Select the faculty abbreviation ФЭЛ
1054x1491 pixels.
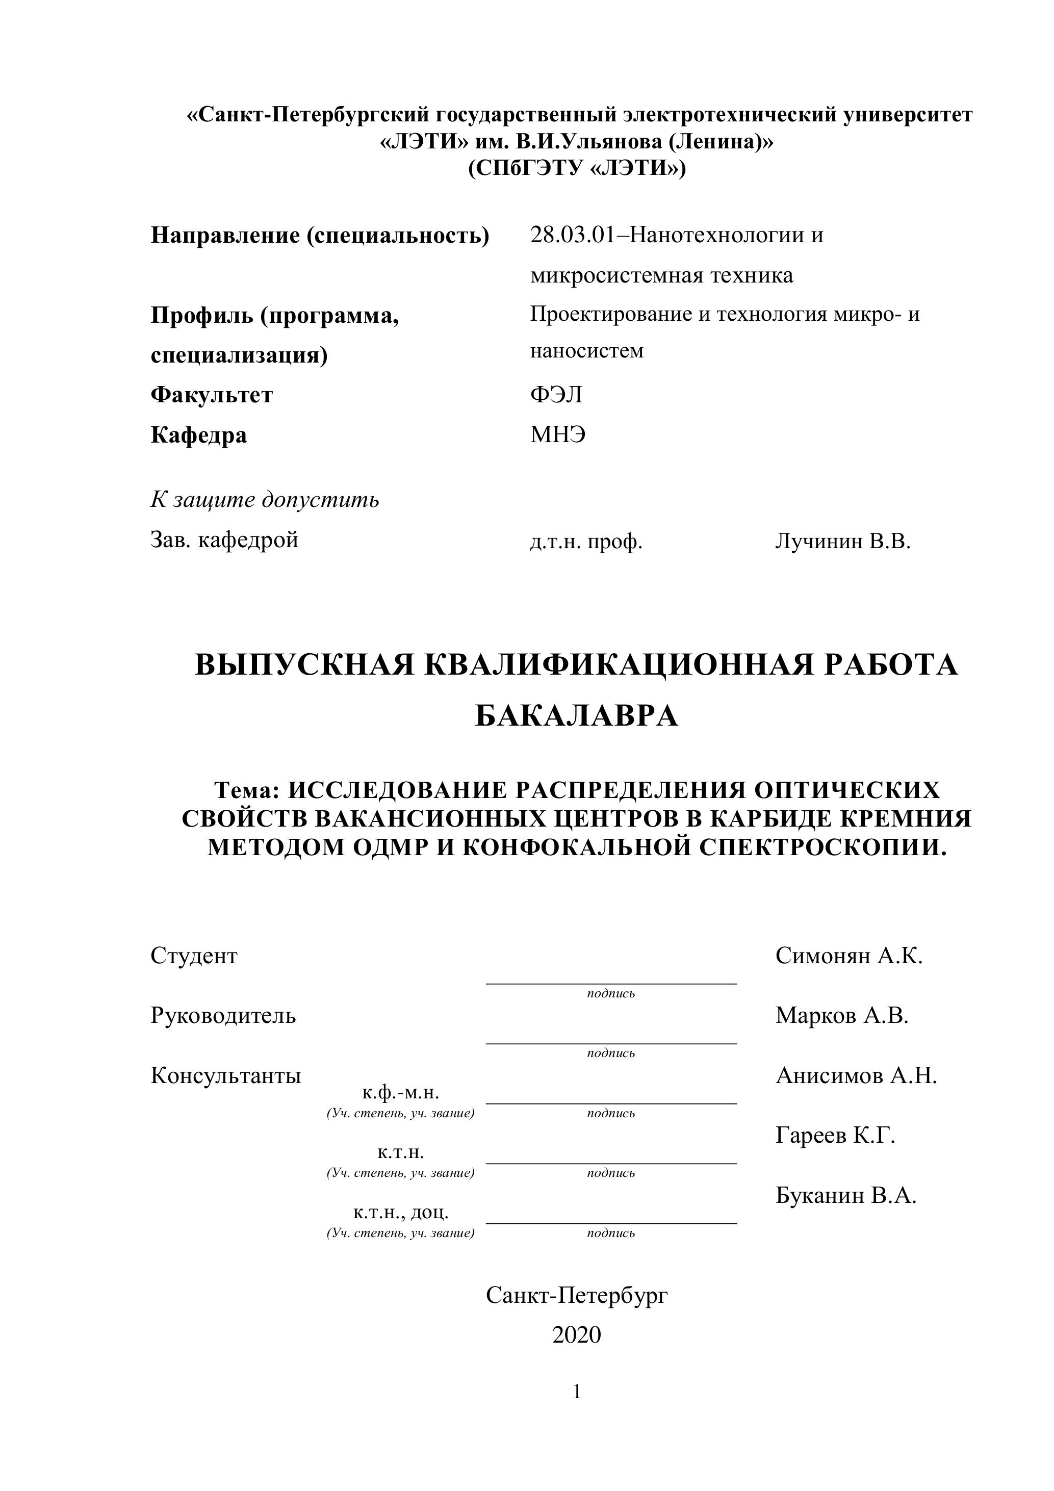tap(556, 395)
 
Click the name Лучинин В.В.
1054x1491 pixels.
tap(842, 541)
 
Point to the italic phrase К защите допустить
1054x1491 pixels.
tap(265, 500)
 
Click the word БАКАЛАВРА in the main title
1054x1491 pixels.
tap(577, 717)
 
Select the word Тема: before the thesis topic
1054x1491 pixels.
tap(247, 790)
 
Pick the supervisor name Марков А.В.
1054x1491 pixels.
tap(842, 1016)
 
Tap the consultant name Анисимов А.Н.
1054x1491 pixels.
tap(856, 1076)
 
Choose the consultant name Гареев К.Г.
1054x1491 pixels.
tap(835, 1136)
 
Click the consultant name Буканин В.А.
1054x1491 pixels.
tap(845, 1196)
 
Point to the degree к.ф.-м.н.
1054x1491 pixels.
tap(401, 1092)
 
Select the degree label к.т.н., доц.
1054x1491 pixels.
tap(401, 1213)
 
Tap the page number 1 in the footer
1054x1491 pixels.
tap(577, 1392)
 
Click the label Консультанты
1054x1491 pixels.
tap(226, 1076)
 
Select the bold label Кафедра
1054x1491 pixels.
tap(199, 435)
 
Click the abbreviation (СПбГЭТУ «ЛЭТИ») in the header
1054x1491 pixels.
tap(577, 169)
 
